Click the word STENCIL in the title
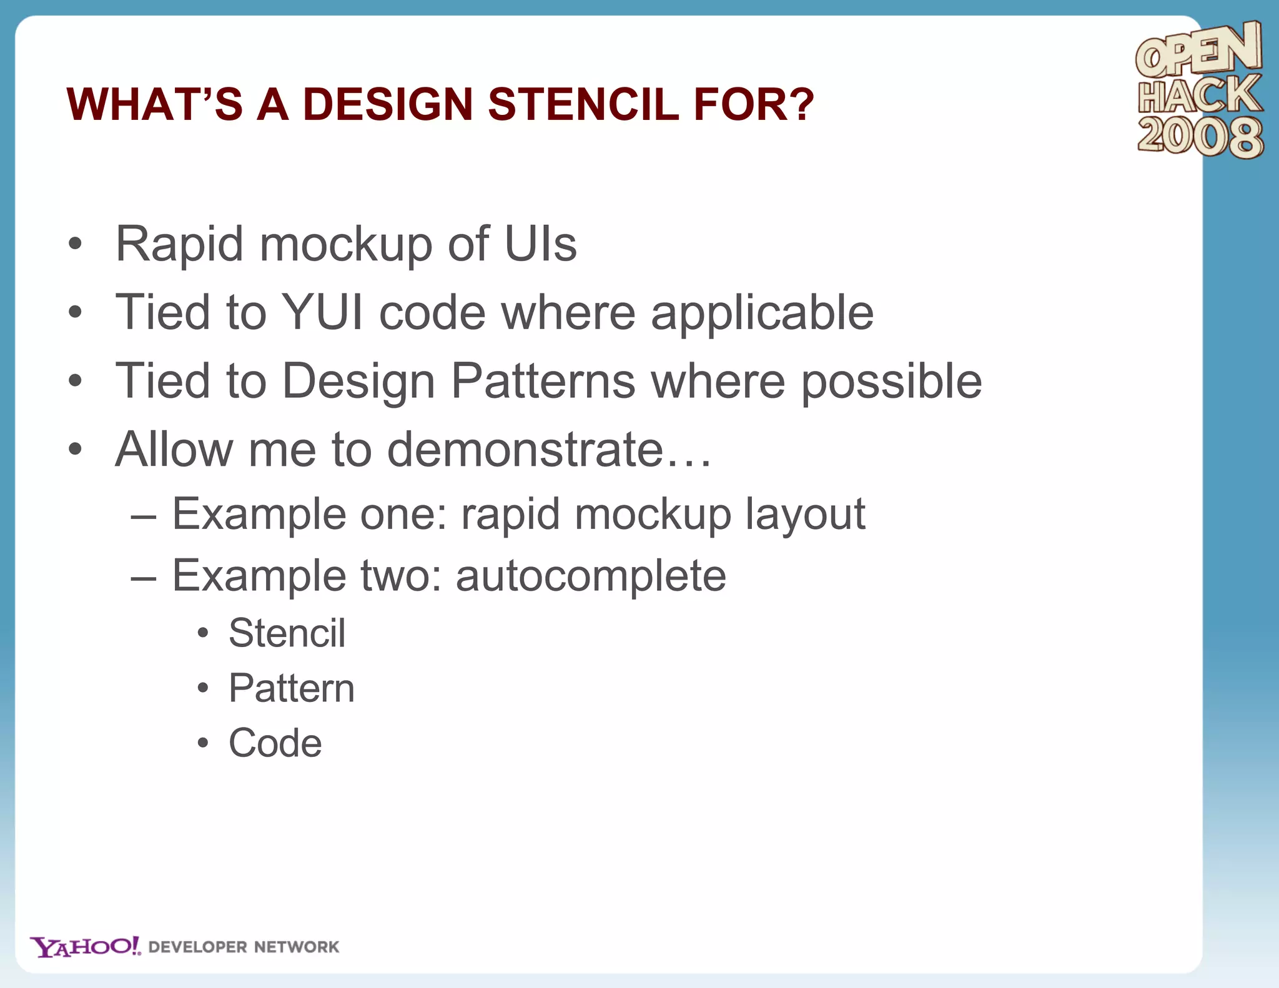pos(583,104)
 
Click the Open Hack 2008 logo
pos(1199,91)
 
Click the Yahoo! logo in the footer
pos(86,947)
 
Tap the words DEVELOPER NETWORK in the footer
pos(244,947)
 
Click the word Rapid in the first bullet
pos(179,245)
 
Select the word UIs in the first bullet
pos(540,244)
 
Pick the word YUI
pos(323,312)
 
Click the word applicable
pos(762,314)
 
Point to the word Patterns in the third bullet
pos(543,381)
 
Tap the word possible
pos(891,382)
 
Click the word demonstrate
pos(525,450)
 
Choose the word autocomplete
pos(591,576)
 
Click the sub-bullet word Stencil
pos(287,633)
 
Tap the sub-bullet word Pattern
pos(291,688)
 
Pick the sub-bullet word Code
pos(275,743)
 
